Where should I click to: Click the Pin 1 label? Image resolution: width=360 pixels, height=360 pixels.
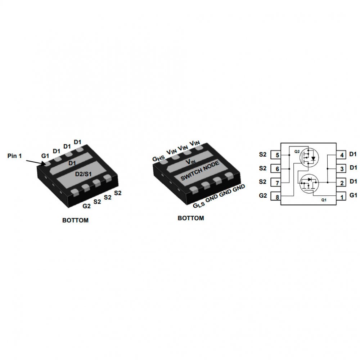[14, 156]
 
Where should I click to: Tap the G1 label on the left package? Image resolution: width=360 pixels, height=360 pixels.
[45, 156]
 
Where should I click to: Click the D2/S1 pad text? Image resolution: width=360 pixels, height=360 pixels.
[84, 174]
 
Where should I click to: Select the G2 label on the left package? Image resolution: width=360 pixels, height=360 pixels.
[86, 206]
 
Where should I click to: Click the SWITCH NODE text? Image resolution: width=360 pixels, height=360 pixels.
[200, 171]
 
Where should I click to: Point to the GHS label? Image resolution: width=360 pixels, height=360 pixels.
[159, 159]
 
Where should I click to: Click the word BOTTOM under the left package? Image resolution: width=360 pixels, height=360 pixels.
[75, 220]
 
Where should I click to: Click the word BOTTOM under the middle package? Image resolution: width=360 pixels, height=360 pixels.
[191, 218]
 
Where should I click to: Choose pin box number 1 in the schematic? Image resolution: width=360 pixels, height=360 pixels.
[341, 197]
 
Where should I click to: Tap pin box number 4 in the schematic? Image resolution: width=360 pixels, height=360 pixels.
[341, 155]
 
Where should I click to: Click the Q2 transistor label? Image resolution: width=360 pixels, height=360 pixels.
[297, 152]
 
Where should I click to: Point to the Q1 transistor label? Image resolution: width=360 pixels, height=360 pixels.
[324, 200]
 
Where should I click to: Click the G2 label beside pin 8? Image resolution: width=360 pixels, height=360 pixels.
[263, 195]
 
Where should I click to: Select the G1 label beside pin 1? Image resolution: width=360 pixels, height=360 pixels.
[354, 195]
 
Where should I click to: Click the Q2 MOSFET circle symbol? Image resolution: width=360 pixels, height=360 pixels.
[309, 157]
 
